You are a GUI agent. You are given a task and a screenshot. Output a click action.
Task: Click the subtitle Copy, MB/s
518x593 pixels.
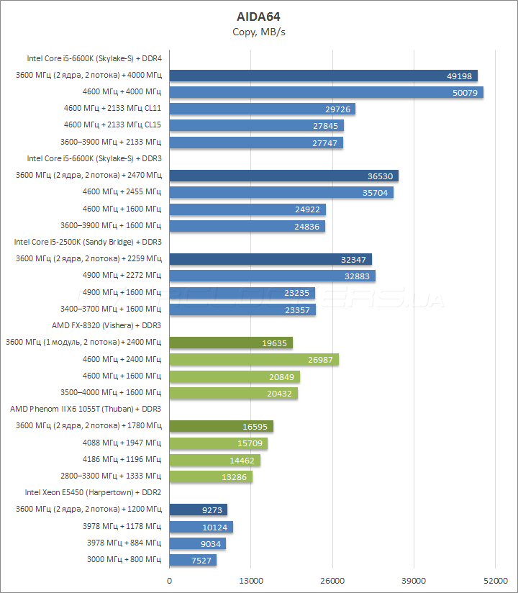pos(259,32)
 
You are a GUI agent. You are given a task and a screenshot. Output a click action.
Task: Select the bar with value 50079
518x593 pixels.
pos(325,92)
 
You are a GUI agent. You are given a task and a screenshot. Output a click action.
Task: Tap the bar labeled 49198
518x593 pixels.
pos(323,76)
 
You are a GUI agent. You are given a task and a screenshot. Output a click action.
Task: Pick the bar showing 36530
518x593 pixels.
pos(283,176)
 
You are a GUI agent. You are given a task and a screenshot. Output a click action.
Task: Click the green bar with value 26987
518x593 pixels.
pos(253,359)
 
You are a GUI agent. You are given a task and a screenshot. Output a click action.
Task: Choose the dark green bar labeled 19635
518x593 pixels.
pos(230,343)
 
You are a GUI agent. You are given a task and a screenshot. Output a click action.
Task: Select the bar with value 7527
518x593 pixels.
pos(193,560)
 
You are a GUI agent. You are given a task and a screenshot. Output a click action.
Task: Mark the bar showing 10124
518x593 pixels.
pos(201,527)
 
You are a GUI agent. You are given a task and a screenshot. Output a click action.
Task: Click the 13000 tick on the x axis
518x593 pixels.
pos(250,580)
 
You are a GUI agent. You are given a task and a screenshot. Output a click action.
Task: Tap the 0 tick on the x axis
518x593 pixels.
pos(169,580)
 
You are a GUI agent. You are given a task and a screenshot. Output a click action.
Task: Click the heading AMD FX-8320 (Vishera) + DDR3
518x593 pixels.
pos(106,325)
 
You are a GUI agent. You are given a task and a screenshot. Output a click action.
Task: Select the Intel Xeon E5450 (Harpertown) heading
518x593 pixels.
pos(93,492)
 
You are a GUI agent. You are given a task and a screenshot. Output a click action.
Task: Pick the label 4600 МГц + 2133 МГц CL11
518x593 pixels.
pos(112,109)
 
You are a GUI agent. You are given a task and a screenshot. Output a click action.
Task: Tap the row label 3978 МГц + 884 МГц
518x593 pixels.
pos(124,543)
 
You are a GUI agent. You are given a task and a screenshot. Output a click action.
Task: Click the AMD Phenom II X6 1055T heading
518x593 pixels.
pos(86,409)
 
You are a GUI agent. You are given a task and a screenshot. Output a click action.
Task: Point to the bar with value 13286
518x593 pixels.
pos(210,476)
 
